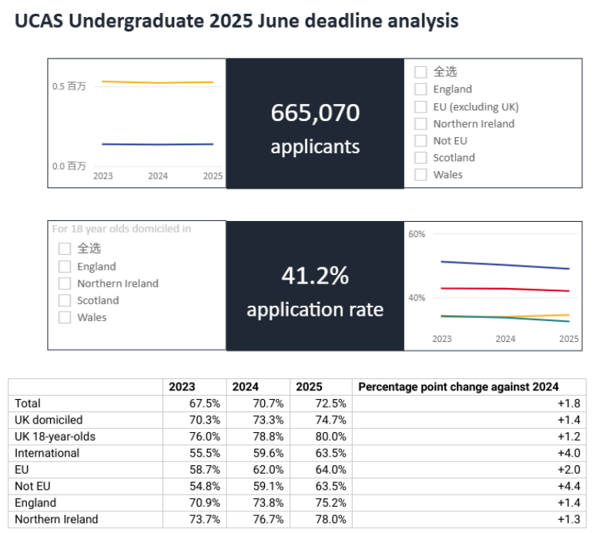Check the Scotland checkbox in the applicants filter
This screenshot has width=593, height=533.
420,158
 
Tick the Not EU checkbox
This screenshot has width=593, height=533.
420,141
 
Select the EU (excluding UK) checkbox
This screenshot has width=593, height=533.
420,107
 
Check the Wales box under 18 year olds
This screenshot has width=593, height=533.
65,317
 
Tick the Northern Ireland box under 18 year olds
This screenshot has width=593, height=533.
65,283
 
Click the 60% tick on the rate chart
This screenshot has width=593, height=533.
417,234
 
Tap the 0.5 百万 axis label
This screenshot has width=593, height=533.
69,86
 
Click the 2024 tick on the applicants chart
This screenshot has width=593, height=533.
158,176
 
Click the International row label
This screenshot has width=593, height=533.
47,453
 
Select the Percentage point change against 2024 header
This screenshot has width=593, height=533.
458,387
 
